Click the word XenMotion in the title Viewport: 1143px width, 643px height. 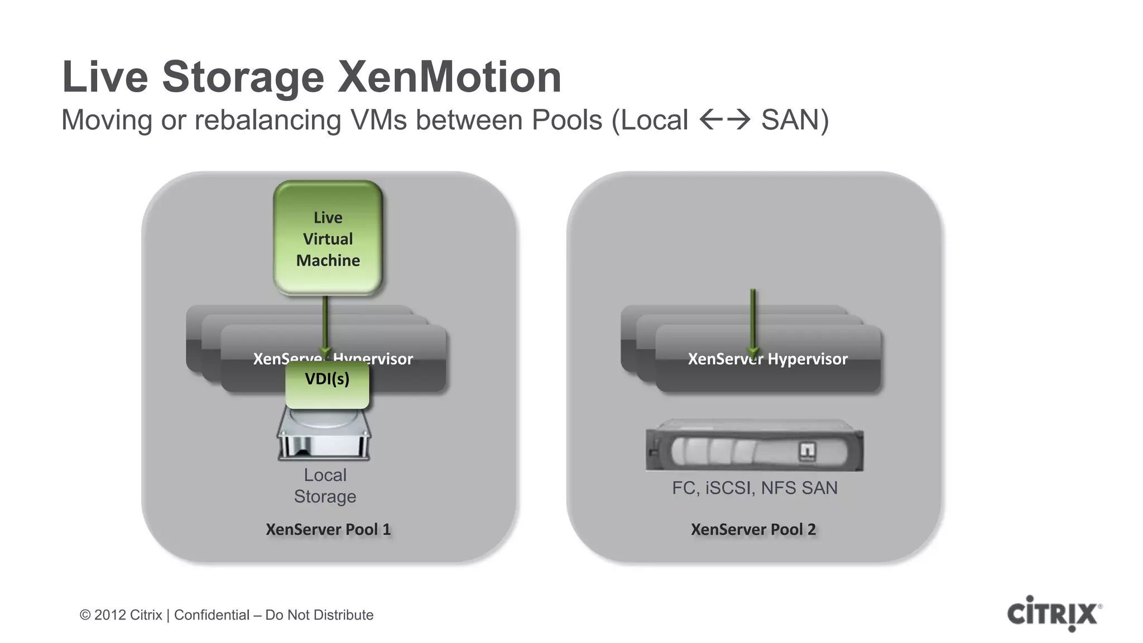[x=449, y=77]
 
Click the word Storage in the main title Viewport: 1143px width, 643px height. [x=243, y=77]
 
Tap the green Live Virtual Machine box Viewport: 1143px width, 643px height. [x=328, y=238]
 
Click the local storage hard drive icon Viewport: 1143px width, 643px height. [x=324, y=435]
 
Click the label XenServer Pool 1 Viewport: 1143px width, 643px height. [x=328, y=529]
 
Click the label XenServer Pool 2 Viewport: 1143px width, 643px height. [x=753, y=529]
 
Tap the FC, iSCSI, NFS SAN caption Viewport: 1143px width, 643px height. [x=755, y=488]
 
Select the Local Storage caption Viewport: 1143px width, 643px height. [x=325, y=486]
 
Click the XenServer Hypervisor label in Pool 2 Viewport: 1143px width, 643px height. [x=767, y=359]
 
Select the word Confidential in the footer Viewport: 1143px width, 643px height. [x=212, y=615]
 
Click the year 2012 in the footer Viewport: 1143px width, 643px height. [x=109, y=615]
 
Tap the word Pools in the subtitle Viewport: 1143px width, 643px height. [x=566, y=120]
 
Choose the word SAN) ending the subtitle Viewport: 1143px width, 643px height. [x=795, y=120]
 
